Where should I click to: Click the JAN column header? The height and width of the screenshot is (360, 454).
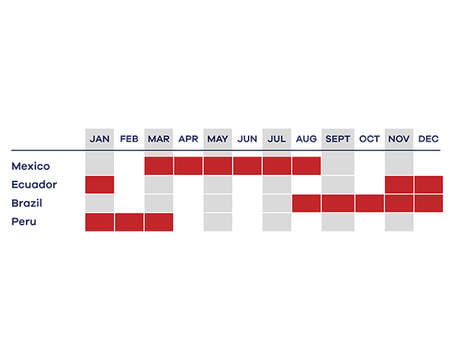point(99,139)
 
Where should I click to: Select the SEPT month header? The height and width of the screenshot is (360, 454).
point(337,139)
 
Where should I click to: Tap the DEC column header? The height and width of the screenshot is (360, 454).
point(428,139)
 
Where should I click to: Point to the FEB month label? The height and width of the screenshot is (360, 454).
point(129,139)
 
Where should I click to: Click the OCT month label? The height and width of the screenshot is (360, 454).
point(369,139)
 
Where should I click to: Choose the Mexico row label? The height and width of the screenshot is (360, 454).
point(31,166)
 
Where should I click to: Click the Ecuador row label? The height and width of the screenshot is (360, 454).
point(34,184)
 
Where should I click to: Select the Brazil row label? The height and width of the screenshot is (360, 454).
point(27,203)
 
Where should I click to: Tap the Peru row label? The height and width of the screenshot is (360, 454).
point(24,222)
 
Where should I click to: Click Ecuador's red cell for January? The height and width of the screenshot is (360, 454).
point(99,184)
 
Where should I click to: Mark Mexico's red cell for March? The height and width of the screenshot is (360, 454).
point(159,166)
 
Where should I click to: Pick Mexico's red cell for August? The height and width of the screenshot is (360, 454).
point(306,166)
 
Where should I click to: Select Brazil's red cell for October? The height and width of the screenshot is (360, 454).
point(370,203)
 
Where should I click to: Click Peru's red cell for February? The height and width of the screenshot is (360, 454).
point(129,222)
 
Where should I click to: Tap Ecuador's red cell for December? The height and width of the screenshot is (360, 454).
point(429,184)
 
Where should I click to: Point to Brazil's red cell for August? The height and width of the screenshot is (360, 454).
point(306,203)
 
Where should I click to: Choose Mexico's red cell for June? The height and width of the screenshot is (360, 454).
point(247,166)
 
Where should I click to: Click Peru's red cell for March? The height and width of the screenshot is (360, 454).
point(159,222)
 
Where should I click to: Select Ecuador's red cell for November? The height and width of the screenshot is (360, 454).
point(399,184)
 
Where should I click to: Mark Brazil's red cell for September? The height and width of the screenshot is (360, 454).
point(338,203)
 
